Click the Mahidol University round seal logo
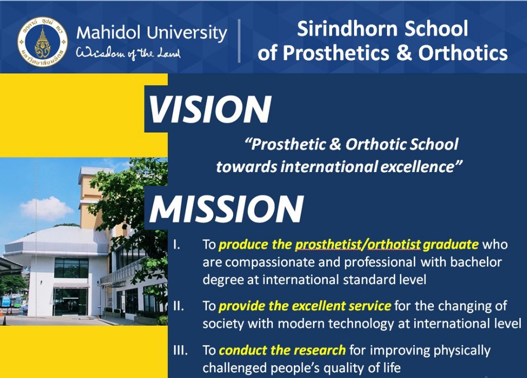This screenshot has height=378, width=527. point(43,42)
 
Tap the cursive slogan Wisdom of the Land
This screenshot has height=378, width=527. point(128,53)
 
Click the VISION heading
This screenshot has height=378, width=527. point(210,109)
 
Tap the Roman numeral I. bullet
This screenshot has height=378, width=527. point(177,244)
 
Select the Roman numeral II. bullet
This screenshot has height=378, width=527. point(179,306)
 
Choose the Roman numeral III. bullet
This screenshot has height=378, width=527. point(181,350)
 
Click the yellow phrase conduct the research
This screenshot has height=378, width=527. point(282,350)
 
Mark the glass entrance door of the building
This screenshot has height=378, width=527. point(71,302)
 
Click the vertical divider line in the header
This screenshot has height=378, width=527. point(239,41)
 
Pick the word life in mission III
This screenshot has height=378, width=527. point(392,368)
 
